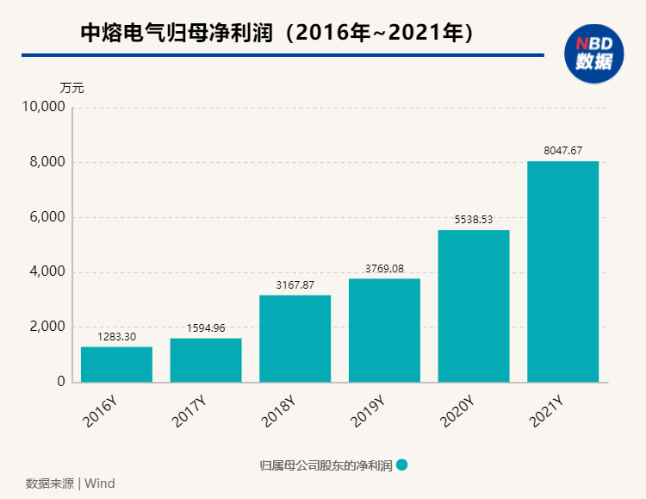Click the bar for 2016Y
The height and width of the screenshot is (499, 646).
[116, 364]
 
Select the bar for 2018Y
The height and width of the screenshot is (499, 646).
[295, 338]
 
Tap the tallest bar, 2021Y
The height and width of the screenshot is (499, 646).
[562, 271]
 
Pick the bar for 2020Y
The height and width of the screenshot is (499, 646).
[474, 305]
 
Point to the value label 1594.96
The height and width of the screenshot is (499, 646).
[205, 327]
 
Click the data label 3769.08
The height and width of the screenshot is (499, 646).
[384, 268]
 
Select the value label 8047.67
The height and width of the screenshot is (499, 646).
[563, 151]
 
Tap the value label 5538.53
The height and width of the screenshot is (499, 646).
[474, 220]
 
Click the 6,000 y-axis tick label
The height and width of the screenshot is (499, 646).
[48, 217]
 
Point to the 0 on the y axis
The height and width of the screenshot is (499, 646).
[61, 382]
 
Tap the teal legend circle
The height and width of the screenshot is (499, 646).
[401, 465]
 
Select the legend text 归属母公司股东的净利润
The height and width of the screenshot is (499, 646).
[326, 466]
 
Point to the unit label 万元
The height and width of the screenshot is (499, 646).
[72, 88]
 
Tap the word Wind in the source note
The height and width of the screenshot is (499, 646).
[99, 483]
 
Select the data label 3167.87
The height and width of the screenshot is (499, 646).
[295, 284]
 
